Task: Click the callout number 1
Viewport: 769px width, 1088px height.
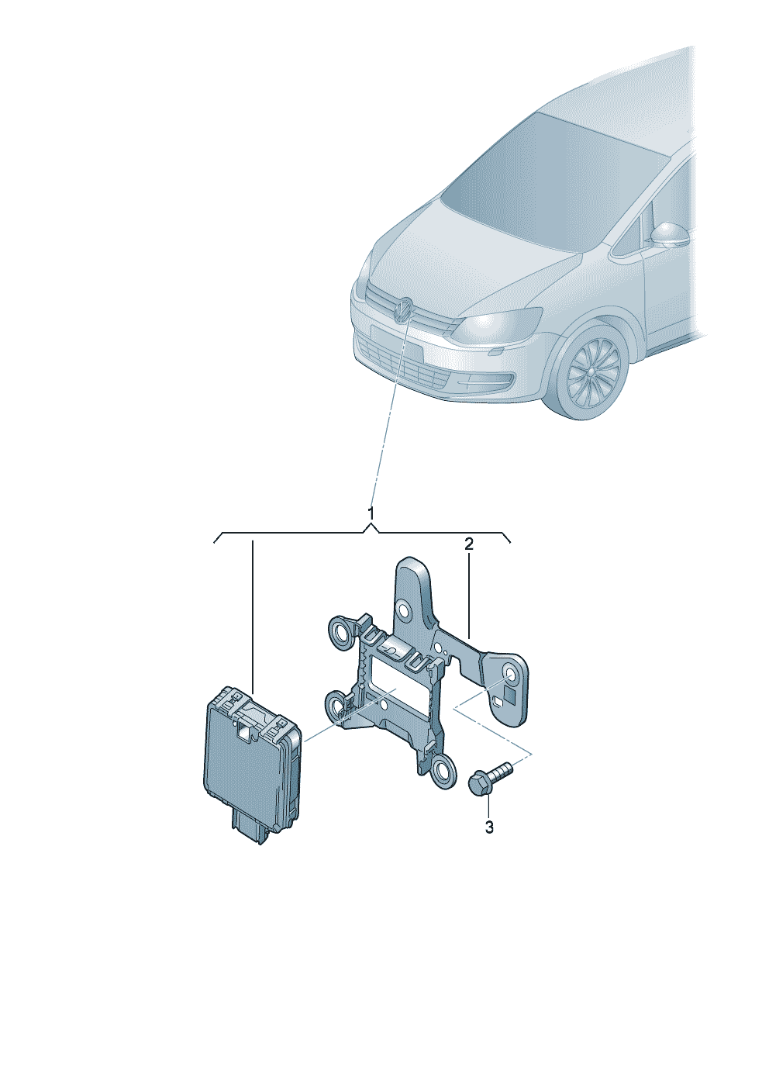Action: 371,513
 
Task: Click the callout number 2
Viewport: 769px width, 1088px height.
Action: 468,544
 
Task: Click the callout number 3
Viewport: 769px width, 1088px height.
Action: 489,827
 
